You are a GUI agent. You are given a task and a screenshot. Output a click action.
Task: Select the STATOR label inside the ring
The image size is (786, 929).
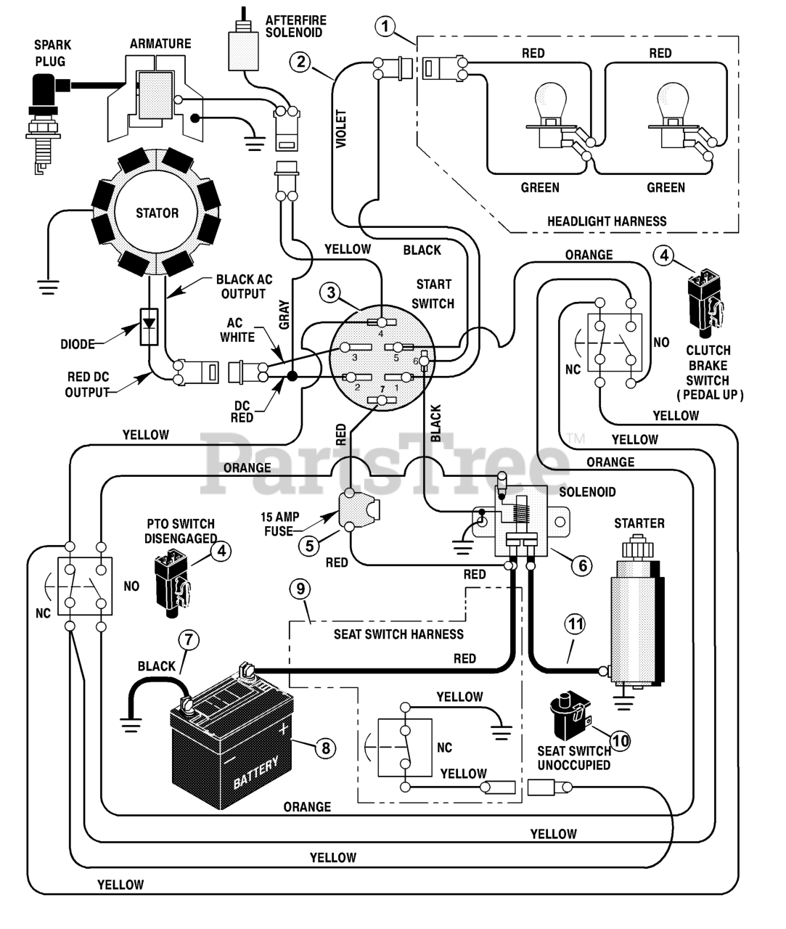157,213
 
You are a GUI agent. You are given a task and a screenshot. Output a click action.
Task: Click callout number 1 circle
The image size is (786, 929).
385,27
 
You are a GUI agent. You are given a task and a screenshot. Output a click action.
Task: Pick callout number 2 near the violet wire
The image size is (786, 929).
300,61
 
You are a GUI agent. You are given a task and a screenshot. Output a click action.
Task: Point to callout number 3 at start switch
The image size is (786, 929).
331,292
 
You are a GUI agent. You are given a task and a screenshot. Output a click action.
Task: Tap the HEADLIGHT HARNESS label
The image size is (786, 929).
607,221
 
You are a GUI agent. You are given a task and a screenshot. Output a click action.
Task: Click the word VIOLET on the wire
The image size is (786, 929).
341,128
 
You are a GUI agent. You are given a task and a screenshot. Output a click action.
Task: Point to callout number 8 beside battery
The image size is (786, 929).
325,747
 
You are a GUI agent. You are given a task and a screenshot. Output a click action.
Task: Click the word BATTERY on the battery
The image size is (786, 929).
255,773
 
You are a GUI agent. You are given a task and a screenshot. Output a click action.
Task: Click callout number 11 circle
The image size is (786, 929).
576,623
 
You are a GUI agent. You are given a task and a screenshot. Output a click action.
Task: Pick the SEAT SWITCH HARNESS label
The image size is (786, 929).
398,634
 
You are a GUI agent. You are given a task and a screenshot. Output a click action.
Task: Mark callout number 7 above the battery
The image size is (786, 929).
188,639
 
